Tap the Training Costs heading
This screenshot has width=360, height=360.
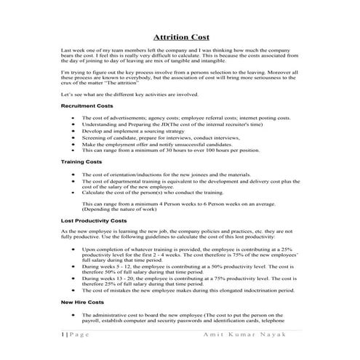(x=81, y=161)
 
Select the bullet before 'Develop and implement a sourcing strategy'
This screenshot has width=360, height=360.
(x=73, y=130)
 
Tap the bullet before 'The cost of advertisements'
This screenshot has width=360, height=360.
(x=73, y=118)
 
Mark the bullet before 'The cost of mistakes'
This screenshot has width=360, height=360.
(x=73, y=289)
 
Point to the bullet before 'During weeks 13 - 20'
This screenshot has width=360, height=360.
(x=73, y=278)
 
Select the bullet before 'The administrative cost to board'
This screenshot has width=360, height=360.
(x=73, y=314)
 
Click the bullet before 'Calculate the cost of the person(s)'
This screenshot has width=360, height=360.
(x=73, y=193)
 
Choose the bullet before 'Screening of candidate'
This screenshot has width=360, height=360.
(x=73, y=137)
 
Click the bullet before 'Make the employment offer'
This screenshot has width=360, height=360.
(x=73, y=143)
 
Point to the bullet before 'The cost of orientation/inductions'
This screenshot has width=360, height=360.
(x=73, y=175)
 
